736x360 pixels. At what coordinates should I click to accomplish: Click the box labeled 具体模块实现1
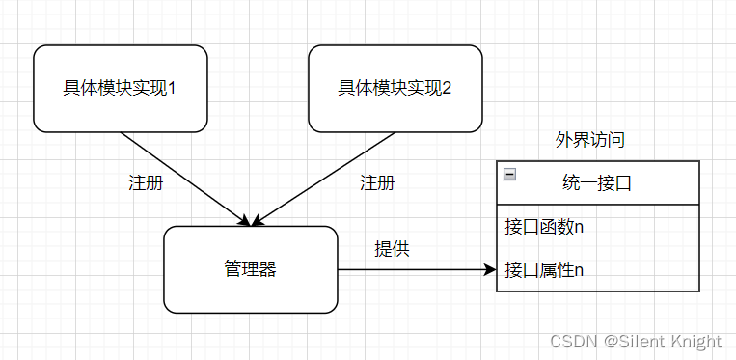point(121,88)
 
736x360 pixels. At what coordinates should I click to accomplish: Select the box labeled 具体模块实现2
point(395,88)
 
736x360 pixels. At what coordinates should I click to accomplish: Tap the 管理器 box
point(250,269)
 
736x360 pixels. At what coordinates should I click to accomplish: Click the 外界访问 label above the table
point(589,140)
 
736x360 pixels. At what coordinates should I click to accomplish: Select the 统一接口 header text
point(596,182)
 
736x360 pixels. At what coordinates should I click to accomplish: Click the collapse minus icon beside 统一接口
point(510,175)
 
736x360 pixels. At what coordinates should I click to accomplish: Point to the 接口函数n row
point(544,228)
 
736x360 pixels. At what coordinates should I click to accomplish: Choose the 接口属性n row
point(544,269)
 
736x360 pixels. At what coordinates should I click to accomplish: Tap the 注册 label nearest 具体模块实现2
point(376,182)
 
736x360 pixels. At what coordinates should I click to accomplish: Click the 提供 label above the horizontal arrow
point(392,248)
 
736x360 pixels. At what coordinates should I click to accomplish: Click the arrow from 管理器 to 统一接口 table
point(415,270)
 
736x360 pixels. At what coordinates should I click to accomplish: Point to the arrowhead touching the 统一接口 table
point(489,270)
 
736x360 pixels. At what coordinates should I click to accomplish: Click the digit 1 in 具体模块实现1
point(171,88)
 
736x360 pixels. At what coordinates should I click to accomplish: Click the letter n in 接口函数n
point(579,229)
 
